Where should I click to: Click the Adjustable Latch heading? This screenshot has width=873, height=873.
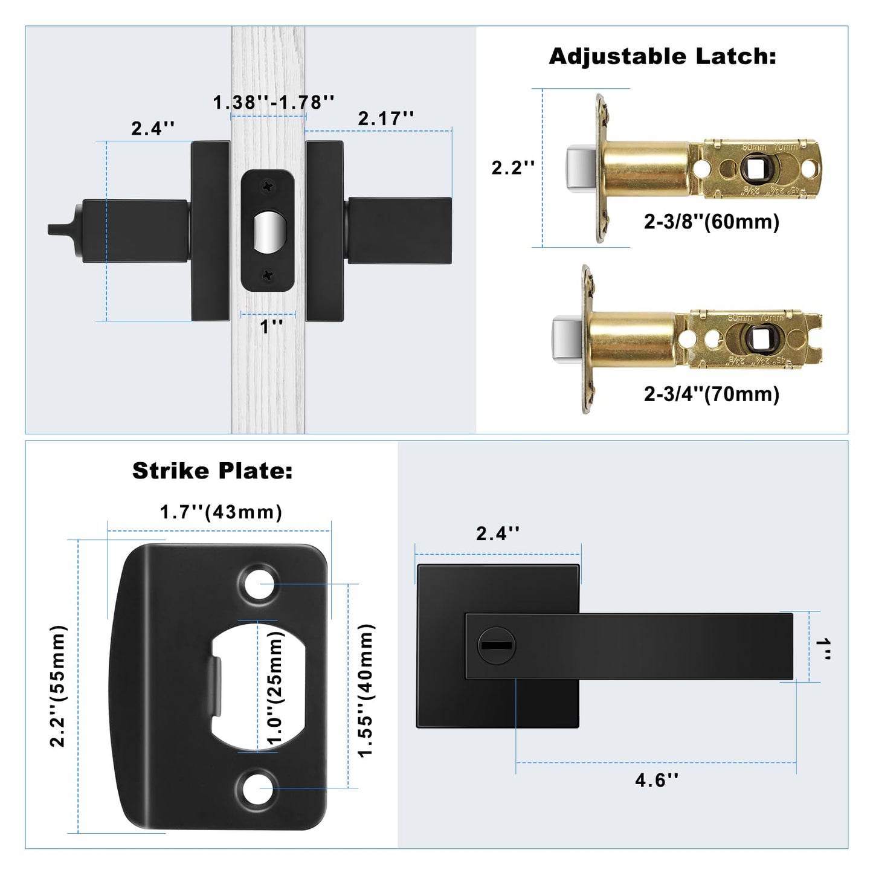pos(662,56)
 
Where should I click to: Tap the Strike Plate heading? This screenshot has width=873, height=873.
pos(212,471)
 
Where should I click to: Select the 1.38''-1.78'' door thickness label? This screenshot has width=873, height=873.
pos(274,102)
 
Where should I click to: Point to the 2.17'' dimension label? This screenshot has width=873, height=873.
pos(386,118)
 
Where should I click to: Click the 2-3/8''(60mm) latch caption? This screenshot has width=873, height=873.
pos(711,222)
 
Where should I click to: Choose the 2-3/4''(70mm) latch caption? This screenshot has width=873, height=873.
pos(711,394)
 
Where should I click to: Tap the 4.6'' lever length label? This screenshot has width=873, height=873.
pos(656,780)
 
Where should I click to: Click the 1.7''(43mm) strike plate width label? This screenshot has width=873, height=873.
pos(221,512)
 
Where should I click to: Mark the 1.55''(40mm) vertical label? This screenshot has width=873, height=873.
pos(366,690)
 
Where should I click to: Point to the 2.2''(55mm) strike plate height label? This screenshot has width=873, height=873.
pos(58,686)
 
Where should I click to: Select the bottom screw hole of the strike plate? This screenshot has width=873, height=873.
pos(259,788)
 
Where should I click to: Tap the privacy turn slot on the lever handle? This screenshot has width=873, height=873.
pos(496,645)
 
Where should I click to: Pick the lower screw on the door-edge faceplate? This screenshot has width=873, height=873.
pos(268,275)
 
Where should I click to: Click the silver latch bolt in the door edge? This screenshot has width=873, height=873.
pos(268,233)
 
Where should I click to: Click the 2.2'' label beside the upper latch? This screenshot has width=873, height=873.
pos(512,167)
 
